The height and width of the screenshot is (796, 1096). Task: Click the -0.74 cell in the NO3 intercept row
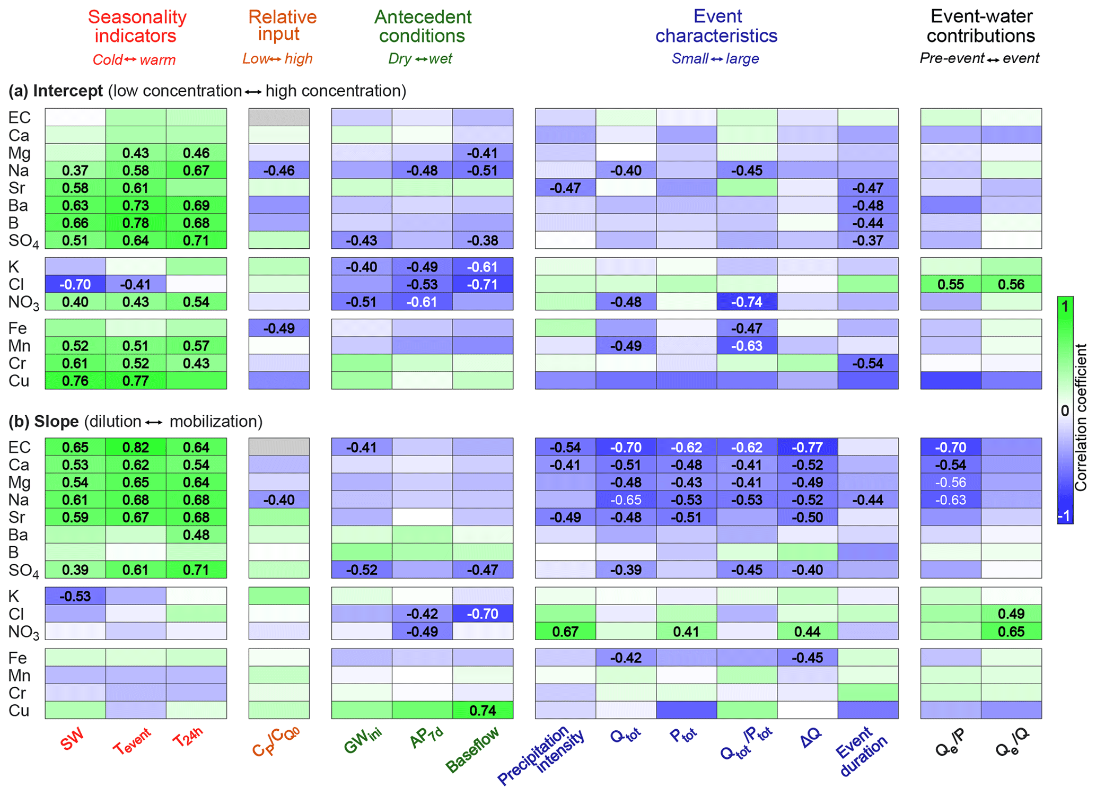[747, 302]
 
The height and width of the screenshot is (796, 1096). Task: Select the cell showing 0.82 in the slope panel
[136, 447]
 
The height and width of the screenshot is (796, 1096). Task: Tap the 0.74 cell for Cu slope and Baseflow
[483, 710]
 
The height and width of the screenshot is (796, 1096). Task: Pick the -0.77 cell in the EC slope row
[807, 447]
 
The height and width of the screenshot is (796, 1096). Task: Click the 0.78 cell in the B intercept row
[136, 223]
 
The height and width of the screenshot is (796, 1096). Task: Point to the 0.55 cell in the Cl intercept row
[950, 284]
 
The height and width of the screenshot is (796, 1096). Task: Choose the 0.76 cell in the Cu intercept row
[75, 381]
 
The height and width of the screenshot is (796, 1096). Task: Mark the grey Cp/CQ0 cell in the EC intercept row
[279, 117]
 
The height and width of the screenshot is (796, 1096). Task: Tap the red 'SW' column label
[72, 739]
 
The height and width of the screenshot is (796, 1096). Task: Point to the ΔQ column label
[811, 738]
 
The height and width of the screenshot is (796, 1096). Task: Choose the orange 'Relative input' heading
[282, 25]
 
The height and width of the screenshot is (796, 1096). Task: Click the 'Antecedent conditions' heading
[423, 27]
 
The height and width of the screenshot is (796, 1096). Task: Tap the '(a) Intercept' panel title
[56, 91]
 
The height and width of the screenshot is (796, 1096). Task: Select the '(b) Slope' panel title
[43, 422]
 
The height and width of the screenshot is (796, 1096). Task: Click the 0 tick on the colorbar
[1064, 410]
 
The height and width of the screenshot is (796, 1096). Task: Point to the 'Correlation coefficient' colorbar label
[1080, 417]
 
